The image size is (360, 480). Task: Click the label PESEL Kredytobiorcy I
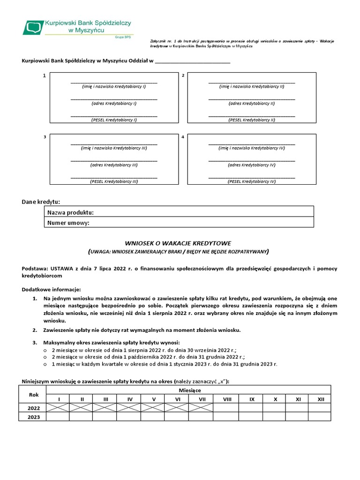[114, 120]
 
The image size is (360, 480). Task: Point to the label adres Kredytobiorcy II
[252, 104]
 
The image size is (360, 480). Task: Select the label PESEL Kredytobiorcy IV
[252, 181]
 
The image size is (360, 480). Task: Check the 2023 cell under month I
[58, 417]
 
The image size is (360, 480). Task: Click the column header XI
[298, 399]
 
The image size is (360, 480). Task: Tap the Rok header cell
[34, 395]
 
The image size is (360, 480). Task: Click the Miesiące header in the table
[190, 390]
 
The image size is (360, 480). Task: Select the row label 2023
[34, 417]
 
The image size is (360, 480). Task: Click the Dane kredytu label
[41, 202]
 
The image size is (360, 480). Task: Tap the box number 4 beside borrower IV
[183, 137]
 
